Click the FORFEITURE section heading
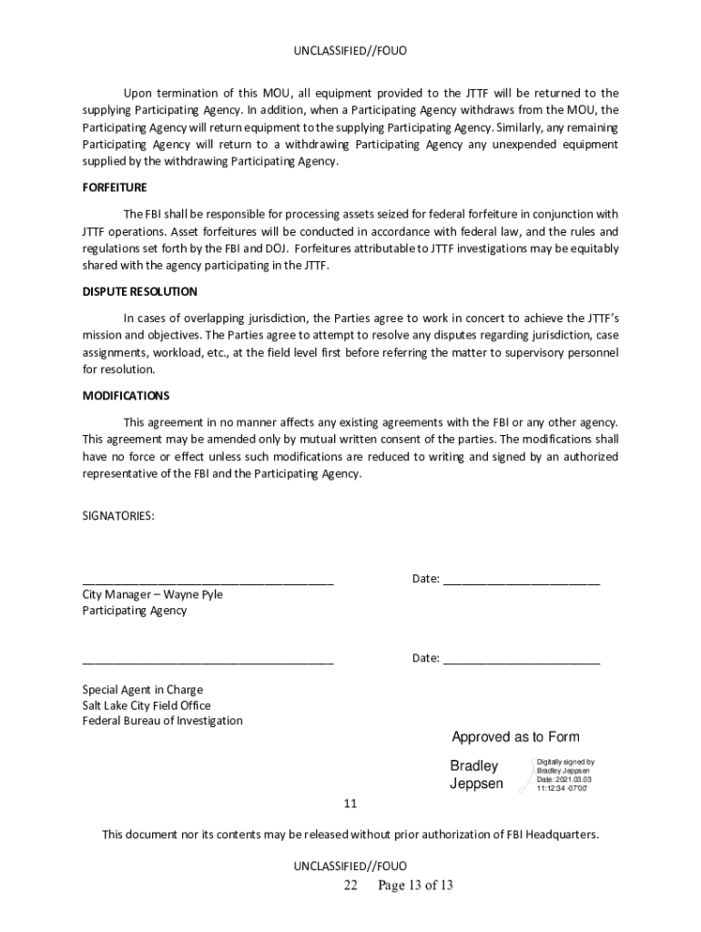point(115,187)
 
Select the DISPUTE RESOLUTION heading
point(139,291)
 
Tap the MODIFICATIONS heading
point(126,396)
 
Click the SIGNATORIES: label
point(118,516)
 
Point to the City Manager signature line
point(208,582)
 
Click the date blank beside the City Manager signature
point(521,582)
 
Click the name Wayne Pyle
point(193,594)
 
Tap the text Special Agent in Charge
point(143,690)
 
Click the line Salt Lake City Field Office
point(147,705)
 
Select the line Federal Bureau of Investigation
point(163,721)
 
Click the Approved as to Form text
point(515,737)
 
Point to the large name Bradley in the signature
point(474,766)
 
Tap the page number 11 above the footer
point(350,805)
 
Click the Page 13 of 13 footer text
point(415,886)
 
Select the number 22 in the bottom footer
point(350,886)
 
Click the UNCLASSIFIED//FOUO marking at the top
point(350,52)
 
